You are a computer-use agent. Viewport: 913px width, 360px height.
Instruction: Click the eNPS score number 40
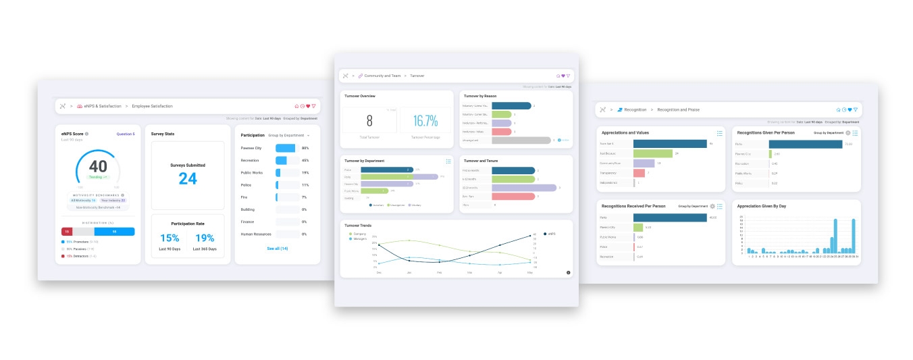point(98,166)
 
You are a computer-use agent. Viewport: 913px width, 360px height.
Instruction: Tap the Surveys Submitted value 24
point(188,178)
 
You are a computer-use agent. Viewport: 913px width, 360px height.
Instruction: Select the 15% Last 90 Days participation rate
point(169,238)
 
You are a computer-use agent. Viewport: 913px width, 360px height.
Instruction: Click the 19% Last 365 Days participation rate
point(204,238)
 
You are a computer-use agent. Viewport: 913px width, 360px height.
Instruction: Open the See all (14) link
point(277,249)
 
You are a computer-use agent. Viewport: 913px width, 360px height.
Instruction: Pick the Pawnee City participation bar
point(286,148)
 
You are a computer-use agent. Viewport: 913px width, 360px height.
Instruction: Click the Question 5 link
point(126,134)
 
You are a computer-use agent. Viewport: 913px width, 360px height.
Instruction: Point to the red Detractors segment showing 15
point(68,232)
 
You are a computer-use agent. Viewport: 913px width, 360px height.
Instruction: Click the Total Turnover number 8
point(369,121)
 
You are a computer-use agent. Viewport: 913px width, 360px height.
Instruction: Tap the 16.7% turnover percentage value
point(425,121)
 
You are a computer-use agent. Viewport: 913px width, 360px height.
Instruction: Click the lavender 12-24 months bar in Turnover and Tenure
point(524,188)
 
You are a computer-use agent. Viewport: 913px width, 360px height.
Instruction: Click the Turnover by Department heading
point(365,161)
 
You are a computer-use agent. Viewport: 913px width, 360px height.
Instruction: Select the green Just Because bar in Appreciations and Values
point(653,153)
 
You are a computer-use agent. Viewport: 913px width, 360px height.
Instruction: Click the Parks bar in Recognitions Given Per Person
point(805,144)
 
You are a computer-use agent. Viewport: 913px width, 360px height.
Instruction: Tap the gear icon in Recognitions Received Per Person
point(712,206)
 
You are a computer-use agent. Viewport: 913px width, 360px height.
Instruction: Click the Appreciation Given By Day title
point(762,206)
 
